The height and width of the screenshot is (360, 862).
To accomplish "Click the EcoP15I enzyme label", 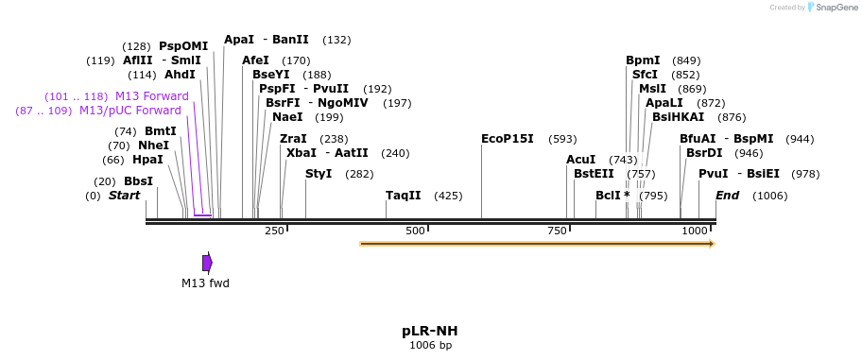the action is (507, 139).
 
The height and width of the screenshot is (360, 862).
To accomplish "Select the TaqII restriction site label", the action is (403, 196).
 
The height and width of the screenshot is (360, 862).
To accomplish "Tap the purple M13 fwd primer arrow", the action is (207, 262).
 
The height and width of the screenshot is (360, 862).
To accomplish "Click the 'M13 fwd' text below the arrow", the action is (205, 283).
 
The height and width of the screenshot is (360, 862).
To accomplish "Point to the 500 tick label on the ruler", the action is (415, 231).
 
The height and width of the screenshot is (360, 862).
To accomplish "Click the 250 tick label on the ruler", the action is (274, 231).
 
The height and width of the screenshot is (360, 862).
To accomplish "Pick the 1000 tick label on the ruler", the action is (696, 231).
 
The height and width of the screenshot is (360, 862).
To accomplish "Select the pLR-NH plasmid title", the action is (430, 331).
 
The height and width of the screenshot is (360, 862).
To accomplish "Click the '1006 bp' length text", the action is (430, 345).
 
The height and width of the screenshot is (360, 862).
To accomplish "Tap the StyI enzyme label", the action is (319, 174).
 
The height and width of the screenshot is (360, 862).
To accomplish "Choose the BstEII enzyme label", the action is (594, 174).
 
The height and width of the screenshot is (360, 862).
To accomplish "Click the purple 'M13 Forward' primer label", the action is (151, 96).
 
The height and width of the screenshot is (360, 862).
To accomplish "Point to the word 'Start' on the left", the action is (124, 196).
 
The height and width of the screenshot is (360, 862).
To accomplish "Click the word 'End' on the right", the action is (727, 196).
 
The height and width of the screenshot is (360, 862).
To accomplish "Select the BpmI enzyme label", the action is (643, 60).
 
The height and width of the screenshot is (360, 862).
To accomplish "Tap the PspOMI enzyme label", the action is (183, 46).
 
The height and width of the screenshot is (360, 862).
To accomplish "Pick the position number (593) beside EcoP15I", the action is (562, 139).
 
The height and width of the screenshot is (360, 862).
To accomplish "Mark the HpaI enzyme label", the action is (147, 160).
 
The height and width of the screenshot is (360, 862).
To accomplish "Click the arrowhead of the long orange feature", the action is (712, 244).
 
